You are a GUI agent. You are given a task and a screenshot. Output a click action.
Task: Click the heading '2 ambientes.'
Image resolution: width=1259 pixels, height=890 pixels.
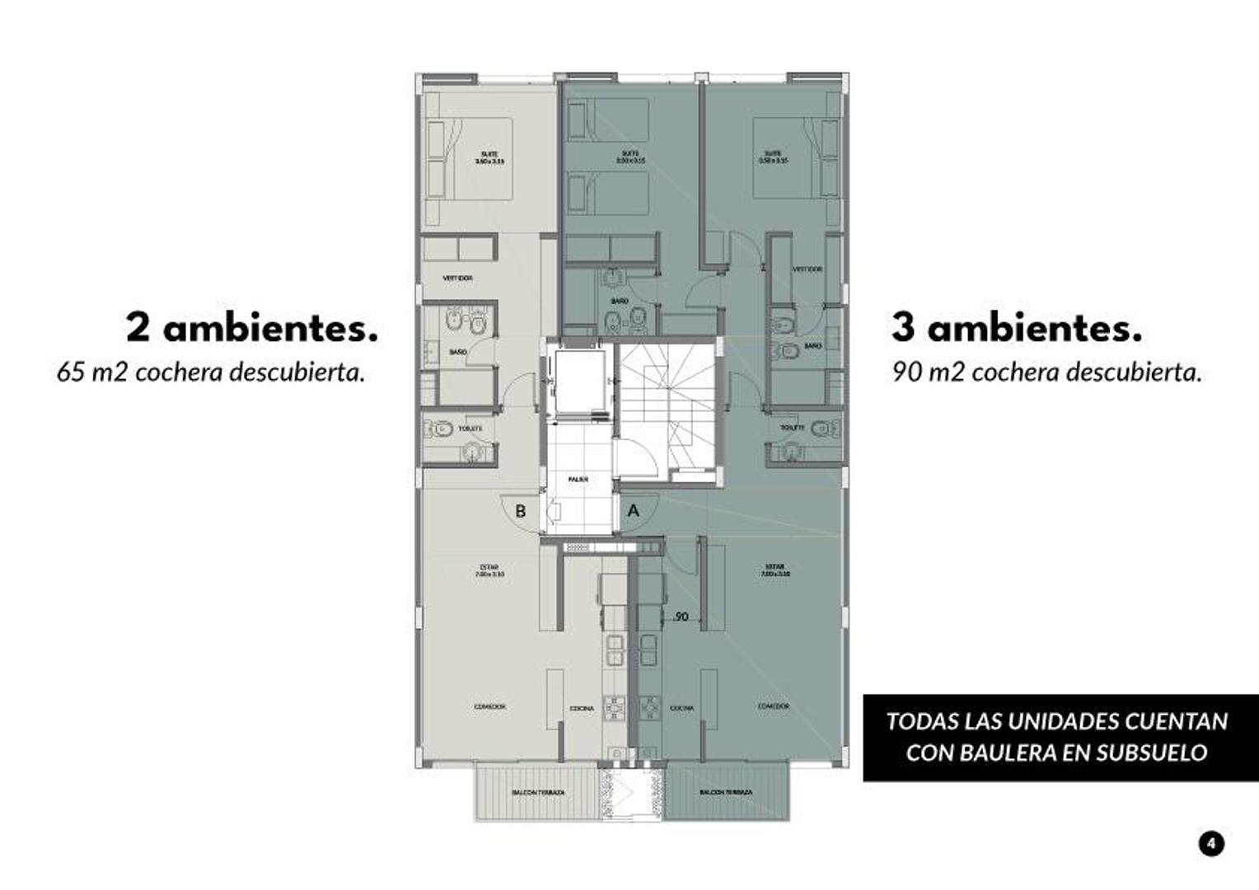point(251,328)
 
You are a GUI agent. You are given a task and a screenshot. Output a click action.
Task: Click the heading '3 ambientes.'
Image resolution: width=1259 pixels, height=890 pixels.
point(1016,328)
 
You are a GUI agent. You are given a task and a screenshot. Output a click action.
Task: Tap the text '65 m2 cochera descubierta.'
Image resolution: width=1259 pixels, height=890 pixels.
point(210,372)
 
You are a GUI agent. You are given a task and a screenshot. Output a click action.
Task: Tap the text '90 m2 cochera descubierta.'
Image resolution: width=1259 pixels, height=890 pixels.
point(1046,372)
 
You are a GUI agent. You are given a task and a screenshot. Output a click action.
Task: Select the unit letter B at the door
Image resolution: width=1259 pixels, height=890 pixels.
point(520,511)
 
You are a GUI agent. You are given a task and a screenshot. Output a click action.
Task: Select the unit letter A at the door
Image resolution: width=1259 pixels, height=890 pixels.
point(633,511)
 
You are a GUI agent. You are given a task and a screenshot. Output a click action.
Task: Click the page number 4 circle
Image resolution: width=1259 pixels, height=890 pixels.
point(1210,843)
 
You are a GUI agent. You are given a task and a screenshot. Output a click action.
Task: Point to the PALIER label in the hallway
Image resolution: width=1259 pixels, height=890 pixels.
point(578,479)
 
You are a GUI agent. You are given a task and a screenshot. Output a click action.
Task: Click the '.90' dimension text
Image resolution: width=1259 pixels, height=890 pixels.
point(680,616)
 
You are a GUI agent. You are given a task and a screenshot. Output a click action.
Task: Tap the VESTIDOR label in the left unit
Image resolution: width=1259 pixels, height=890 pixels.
point(457,279)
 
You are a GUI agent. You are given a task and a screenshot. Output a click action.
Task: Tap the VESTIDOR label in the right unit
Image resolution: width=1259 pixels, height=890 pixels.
point(807,269)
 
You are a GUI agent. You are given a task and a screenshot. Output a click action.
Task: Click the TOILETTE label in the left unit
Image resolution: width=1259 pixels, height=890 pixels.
point(470,429)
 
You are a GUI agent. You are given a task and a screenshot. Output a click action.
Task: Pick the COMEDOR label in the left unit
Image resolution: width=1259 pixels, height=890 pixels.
point(489,706)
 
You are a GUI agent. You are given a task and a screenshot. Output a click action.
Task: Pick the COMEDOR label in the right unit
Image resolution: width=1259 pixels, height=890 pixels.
point(773,706)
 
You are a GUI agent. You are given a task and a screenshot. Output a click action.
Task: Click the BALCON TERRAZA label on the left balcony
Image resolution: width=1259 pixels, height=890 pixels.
point(538,793)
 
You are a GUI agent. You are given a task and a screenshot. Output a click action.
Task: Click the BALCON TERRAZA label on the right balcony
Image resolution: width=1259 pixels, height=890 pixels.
point(726,793)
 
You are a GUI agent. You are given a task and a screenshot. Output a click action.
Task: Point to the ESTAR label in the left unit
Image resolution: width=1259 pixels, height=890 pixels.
point(489,567)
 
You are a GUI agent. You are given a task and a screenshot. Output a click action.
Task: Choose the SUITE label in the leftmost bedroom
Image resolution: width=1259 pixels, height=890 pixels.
point(489,154)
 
